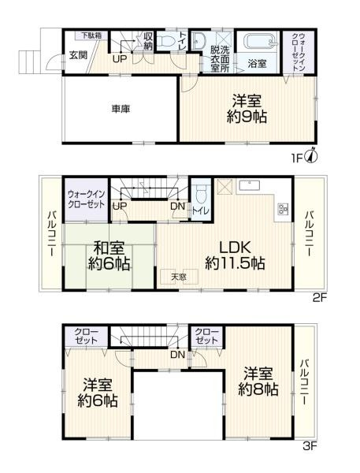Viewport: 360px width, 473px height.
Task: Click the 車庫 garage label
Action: (120, 109)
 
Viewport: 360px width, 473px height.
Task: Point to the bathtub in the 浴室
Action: (258, 43)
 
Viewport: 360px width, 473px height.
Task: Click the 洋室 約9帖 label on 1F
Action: (247, 109)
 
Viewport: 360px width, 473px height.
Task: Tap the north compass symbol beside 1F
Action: (314, 155)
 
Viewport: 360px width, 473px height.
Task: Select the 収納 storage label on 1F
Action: (148, 40)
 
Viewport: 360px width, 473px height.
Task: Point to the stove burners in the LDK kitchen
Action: (281, 210)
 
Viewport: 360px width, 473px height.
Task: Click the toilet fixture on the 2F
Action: (201, 194)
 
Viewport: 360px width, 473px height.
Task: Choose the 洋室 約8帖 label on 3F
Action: (259, 381)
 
